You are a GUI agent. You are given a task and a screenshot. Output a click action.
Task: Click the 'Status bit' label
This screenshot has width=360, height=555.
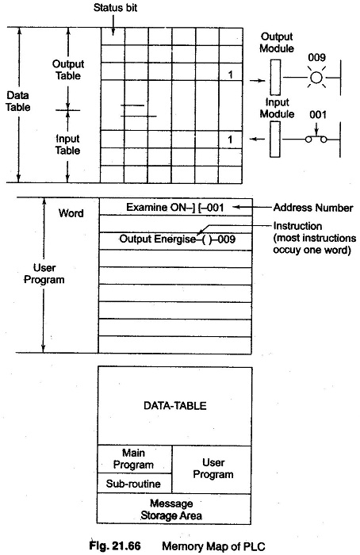pos(115,7)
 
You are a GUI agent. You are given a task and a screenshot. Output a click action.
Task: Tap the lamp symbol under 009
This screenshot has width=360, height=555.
pos(316,77)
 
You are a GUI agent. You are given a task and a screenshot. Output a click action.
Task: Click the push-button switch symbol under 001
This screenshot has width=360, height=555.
pos(316,140)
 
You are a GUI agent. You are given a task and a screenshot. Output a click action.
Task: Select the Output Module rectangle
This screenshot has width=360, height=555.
pos(275,77)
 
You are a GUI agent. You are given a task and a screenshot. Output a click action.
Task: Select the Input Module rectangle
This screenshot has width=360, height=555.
pos(275,139)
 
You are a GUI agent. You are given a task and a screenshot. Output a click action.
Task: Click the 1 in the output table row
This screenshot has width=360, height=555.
pos(231,75)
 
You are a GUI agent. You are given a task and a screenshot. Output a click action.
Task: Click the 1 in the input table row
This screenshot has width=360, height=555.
pos(230,140)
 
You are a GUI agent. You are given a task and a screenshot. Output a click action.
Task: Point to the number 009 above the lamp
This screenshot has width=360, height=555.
pos(316,57)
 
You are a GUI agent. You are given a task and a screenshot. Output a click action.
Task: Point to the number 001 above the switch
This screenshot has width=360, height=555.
pos(317,114)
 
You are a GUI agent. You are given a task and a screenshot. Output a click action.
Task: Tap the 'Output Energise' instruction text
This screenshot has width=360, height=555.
pos(158,239)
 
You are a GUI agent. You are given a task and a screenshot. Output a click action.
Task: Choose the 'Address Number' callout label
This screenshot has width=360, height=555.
pos(313,208)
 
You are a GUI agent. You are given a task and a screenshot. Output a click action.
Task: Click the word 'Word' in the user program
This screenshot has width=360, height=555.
pos(71,213)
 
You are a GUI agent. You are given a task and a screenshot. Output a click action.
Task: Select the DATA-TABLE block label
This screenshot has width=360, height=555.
pos(175,405)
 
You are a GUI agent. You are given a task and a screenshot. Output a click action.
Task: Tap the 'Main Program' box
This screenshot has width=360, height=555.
pos(135,459)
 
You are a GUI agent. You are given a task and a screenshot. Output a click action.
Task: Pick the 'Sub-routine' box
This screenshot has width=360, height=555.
pos(135,483)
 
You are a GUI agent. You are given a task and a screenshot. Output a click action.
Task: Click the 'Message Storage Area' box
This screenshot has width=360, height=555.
pos(174,509)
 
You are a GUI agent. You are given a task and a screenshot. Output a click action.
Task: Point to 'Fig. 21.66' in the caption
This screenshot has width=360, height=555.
pos(115,545)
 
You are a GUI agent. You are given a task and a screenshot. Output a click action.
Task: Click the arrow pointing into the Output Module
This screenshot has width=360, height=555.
pos(258,81)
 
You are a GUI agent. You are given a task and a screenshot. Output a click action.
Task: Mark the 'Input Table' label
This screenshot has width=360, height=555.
pos(67,144)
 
